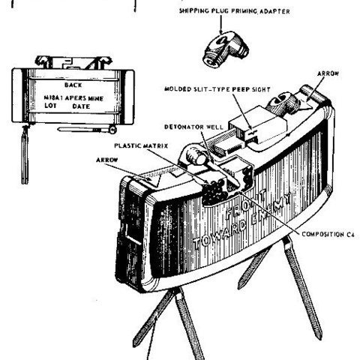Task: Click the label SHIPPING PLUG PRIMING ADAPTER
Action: click(235, 11)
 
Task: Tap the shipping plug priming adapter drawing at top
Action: click(225, 49)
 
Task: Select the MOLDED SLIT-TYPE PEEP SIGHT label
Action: click(217, 89)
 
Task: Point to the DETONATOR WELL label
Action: click(193, 127)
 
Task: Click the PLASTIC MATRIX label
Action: click(141, 145)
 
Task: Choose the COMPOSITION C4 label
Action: click(328, 235)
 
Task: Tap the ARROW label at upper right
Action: click(328, 73)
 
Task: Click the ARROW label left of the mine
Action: click(107, 160)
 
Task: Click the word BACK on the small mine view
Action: click(73, 85)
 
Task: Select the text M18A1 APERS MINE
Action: click(73, 98)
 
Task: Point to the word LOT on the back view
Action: click(50, 106)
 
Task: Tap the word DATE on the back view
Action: click(81, 106)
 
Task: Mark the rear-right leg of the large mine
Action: click(301, 287)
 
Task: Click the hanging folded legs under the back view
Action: click(25, 154)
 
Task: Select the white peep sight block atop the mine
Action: click(258, 124)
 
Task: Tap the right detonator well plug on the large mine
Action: click(283, 103)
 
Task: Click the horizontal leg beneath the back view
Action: click(87, 130)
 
